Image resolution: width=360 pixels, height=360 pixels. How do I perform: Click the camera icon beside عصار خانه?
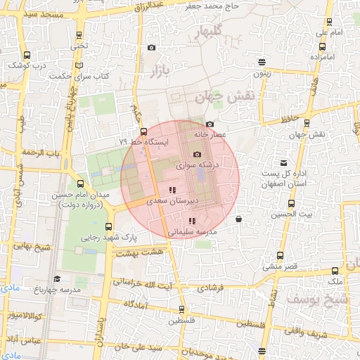[x=210, y=124]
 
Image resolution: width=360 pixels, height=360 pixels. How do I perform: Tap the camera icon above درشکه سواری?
[x=197, y=154]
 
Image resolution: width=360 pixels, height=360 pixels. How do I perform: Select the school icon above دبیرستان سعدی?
[x=172, y=190]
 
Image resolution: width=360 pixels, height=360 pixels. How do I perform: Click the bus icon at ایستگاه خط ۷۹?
[x=143, y=131]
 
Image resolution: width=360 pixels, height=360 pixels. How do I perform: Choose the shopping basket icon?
[x=239, y=219]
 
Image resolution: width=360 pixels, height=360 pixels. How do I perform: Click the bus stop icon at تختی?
[x=79, y=35]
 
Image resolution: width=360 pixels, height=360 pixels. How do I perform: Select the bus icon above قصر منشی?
[x=281, y=255]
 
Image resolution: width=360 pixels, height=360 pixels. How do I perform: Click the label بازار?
[x=158, y=70]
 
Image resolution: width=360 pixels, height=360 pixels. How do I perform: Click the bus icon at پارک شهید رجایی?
[x=108, y=226]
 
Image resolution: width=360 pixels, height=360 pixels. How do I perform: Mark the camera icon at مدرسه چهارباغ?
[x=56, y=279]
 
